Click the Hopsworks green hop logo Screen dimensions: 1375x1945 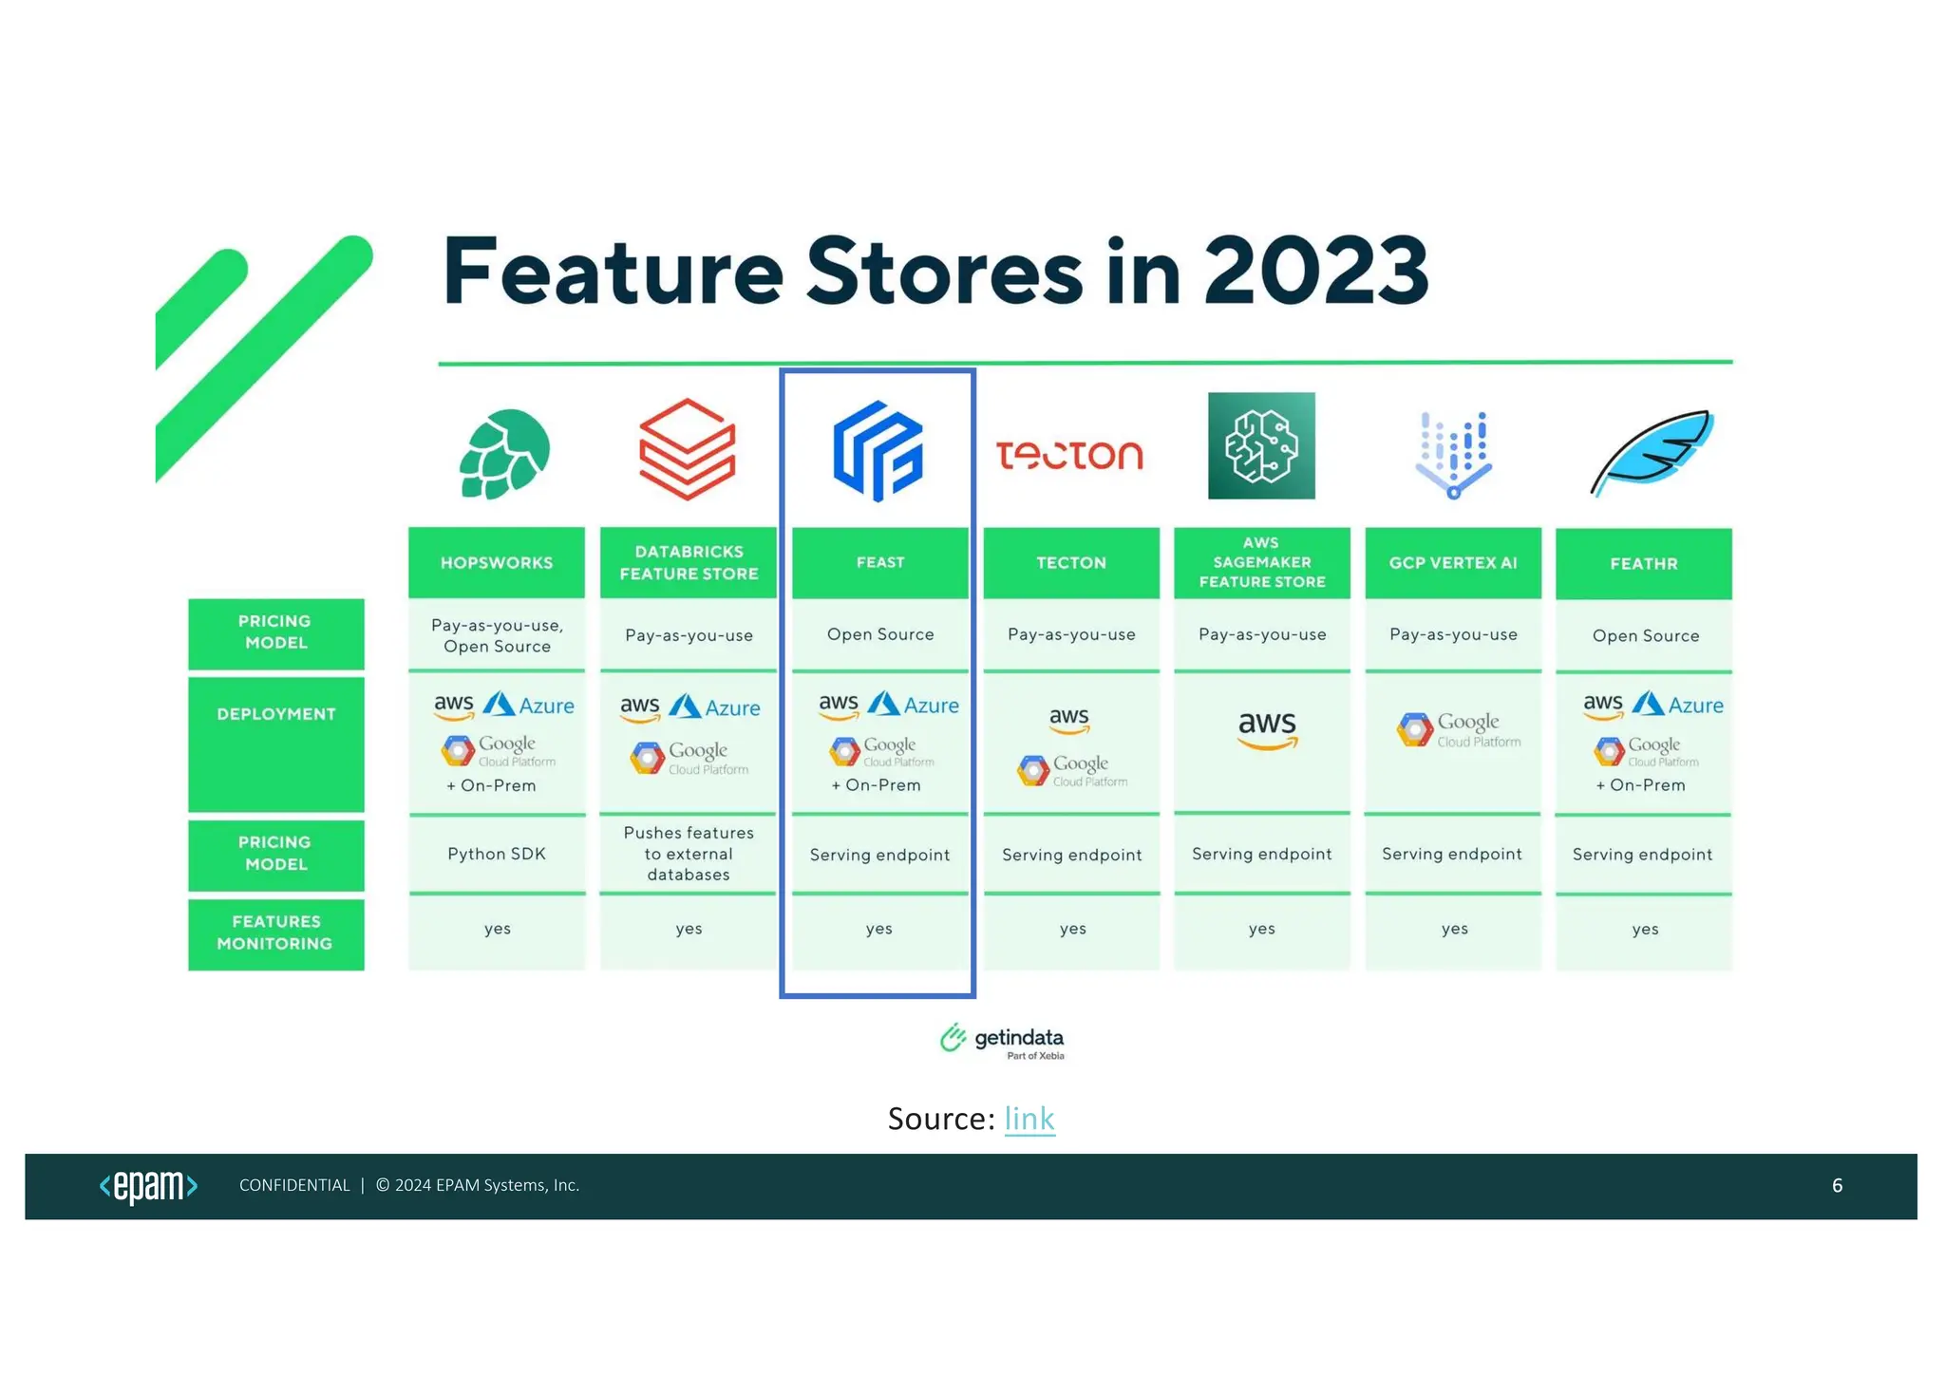(504, 454)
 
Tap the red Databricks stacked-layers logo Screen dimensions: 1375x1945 (687, 449)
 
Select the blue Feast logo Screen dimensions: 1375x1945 (878, 451)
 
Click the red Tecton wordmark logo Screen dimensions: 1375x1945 (1069, 456)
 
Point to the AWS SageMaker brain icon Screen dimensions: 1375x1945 (1261, 445)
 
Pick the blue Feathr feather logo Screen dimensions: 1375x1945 (1652, 451)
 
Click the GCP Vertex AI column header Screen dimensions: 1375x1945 (1452, 563)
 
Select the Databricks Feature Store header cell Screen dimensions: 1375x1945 (689, 563)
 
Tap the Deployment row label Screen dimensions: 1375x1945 (276, 715)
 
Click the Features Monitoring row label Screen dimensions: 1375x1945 (275, 932)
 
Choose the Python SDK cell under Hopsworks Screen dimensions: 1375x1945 (497, 854)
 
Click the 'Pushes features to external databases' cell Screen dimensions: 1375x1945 (689, 854)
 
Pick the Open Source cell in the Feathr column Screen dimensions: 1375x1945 (1645, 636)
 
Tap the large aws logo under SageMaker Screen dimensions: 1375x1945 (1267, 729)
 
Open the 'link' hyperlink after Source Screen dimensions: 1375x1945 (1029, 1119)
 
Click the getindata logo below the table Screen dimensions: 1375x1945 (1002, 1041)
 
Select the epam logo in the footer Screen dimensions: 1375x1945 (148, 1186)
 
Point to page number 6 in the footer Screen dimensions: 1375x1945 (1837, 1185)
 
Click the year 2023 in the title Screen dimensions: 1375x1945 (1315, 272)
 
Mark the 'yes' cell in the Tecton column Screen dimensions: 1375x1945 (1072, 930)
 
